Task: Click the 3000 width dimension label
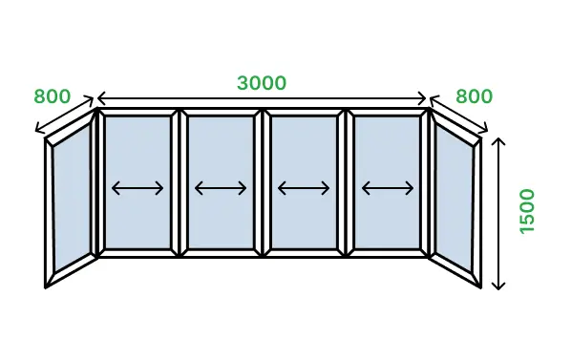pyautogui.click(x=262, y=83)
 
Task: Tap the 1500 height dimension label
pyautogui.click(x=527, y=211)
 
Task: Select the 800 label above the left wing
pyautogui.click(x=53, y=96)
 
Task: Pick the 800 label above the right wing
pyautogui.click(x=475, y=96)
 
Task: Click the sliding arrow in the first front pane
pyautogui.click(x=137, y=188)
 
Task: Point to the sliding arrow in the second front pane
pyautogui.click(x=221, y=188)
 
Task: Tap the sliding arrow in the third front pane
pyautogui.click(x=304, y=188)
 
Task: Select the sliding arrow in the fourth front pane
pyautogui.click(x=388, y=188)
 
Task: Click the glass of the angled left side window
pyautogui.click(x=73, y=198)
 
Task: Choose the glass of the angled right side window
pyautogui.click(x=455, y=198)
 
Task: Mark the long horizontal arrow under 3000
pyautogui.click(x=262, y=98)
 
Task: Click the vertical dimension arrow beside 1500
pyautogui.click(x=498, y=214)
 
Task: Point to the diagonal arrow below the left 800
pyautogui.click(x=65, y=114)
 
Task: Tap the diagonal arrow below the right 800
pyautogui.click(x=459, y=114)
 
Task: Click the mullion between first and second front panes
pyautogui.click(x=180, y=183)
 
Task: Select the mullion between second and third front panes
pyautogui.click(x=263, y=183)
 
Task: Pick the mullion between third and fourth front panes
pyautogui.click(x=346, y=183)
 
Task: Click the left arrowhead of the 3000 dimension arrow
pyautogui.click(x=101, y=98)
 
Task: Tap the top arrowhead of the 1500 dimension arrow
pyautogui.click(x=498, y=141)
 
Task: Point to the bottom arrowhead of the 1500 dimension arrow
pyautogui.click(x=498, y=286)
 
